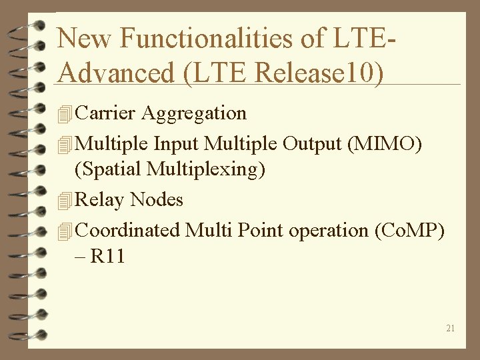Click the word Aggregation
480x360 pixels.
194,113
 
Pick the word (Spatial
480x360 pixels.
108,169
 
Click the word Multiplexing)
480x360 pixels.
206,169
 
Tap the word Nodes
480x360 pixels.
157,199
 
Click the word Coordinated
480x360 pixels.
128,230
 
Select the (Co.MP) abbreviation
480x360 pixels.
410,230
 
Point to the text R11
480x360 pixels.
108,256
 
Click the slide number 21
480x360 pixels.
451,328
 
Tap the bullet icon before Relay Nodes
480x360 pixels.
64,200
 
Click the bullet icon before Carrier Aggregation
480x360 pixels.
64,114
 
